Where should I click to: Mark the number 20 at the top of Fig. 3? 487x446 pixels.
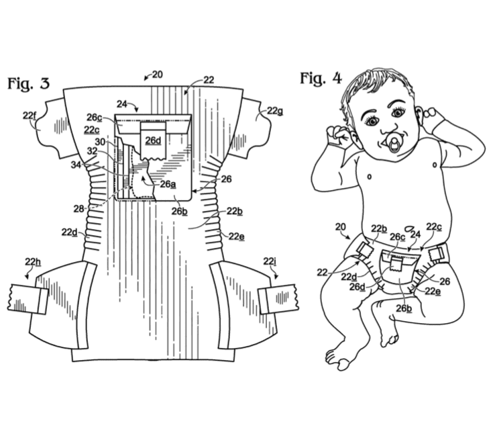(157, 75)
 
